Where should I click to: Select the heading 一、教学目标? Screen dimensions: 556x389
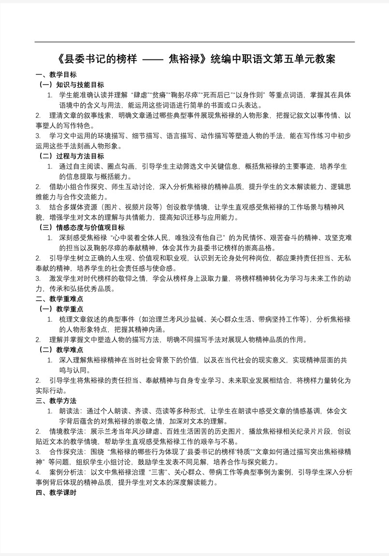coord(56,75)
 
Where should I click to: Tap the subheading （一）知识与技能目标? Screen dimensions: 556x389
coord(71,85)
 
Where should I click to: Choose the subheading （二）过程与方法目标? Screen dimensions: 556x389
coord(71,156)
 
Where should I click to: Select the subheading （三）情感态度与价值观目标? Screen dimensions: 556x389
coord(81,227)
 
